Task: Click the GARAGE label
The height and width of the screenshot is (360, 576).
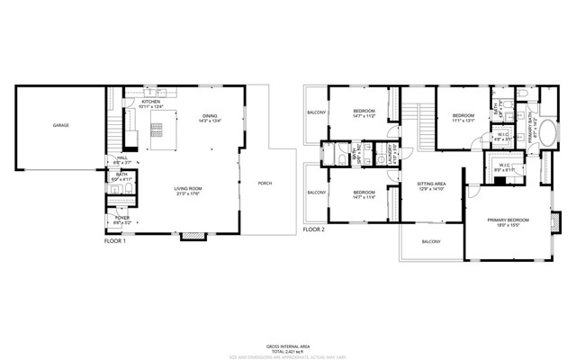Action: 60,125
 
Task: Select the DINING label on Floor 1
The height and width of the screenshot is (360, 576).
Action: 210,116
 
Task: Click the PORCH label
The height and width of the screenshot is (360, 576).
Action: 265,183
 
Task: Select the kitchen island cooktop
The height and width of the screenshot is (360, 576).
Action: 157,127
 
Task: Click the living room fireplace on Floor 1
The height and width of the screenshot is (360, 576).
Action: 191,237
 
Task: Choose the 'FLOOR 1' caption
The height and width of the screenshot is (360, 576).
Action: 114,241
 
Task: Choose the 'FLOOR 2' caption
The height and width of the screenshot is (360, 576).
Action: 312,229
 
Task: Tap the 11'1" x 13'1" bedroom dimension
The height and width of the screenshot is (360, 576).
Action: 463,121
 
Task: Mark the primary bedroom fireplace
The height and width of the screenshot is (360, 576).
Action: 554,220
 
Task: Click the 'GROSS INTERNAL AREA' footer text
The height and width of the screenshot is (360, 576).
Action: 287,345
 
